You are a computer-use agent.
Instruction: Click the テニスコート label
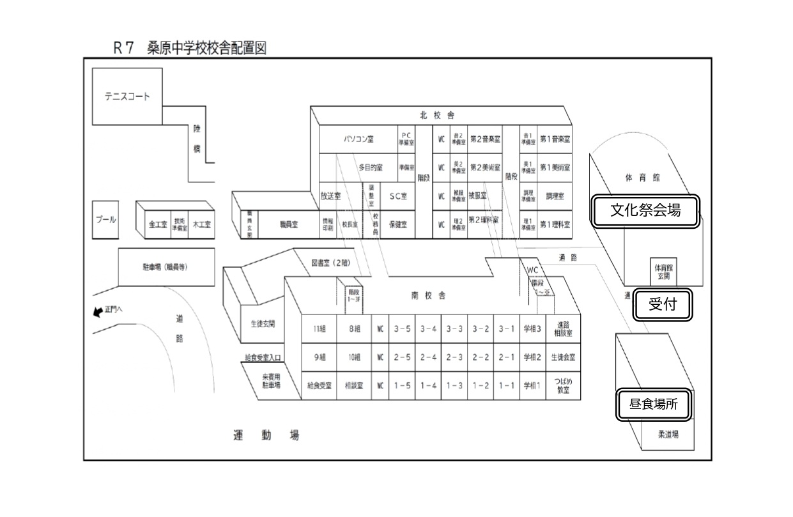point(127,96)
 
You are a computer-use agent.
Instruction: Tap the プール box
point(106,220)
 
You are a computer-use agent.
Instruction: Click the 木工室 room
point(204,225)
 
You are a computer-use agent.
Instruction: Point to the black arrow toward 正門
point(98,312)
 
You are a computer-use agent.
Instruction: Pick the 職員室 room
point(289,224)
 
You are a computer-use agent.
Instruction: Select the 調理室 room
point(555,196)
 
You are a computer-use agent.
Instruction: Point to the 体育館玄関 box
point(662,272)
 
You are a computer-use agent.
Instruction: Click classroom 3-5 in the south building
point(402,329)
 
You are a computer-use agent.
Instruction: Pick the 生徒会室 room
point(563,357)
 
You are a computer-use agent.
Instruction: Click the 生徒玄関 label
point(263,323)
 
